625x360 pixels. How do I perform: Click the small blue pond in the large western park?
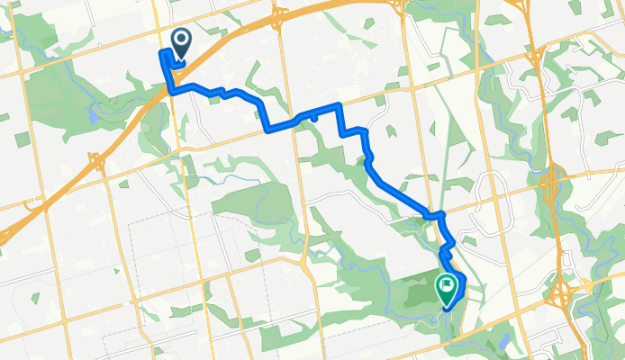tap(93, 114)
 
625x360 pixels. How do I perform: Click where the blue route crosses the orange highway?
tap(169, 88)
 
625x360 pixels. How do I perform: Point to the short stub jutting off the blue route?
tap(314, 115)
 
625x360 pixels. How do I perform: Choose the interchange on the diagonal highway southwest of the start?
tap(95, 161)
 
